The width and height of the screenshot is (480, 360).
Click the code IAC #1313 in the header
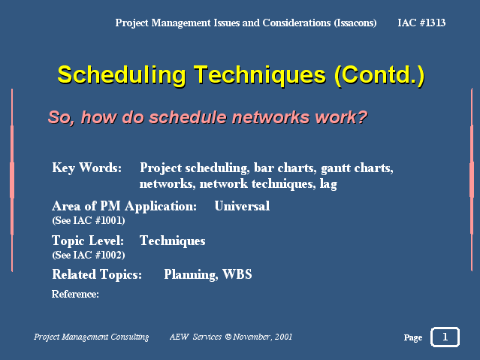421,23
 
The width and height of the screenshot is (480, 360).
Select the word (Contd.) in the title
379,75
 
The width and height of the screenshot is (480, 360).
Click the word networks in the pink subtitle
270,117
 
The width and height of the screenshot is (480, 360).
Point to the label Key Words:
87,168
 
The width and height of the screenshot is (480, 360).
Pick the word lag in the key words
328,184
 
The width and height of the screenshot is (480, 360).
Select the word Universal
242,206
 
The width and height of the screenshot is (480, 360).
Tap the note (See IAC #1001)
89,221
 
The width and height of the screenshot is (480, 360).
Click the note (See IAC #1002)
89,255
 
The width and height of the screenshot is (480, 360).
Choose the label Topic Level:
88,241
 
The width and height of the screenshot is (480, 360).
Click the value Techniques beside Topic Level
172,241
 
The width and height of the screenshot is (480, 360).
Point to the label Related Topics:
97,274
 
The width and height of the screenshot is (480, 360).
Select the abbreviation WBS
237,274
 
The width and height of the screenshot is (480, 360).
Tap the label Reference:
75,294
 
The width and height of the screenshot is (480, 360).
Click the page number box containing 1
445,337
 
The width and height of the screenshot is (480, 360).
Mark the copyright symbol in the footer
228,337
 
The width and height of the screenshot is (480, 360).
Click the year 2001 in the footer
283,337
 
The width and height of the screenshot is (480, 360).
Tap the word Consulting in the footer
130,337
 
